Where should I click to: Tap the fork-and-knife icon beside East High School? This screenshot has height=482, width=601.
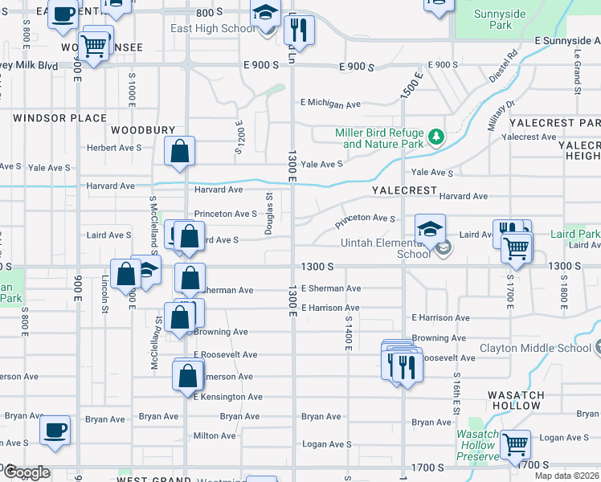coord(298,31)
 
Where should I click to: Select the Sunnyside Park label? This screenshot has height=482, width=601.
coord(493,19)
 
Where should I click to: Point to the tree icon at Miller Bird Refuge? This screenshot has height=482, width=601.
coord(436,137)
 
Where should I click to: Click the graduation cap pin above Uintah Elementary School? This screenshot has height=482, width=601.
coord(430,229)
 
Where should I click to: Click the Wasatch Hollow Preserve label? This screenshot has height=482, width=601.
coord(476,445)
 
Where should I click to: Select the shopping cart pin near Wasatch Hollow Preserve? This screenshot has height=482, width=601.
coord(515,444)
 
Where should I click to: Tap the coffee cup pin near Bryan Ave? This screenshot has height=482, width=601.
coord(55,430)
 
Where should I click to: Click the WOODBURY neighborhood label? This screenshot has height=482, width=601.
coord(143,129)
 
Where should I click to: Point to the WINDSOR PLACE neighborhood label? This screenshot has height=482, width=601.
coord(59,118)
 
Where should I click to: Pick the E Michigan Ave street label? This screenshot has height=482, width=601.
coord(330,104)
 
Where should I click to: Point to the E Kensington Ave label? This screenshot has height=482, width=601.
coord(227,397)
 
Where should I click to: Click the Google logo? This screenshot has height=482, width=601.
coord(26,472)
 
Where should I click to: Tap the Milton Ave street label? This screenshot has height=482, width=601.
coord(215,435)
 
